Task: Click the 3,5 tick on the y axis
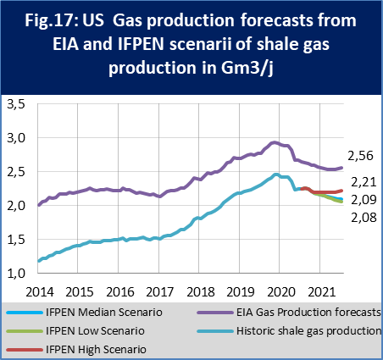(16, 104)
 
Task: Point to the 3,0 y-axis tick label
(16, 137)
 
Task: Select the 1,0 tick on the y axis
(16, 274)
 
